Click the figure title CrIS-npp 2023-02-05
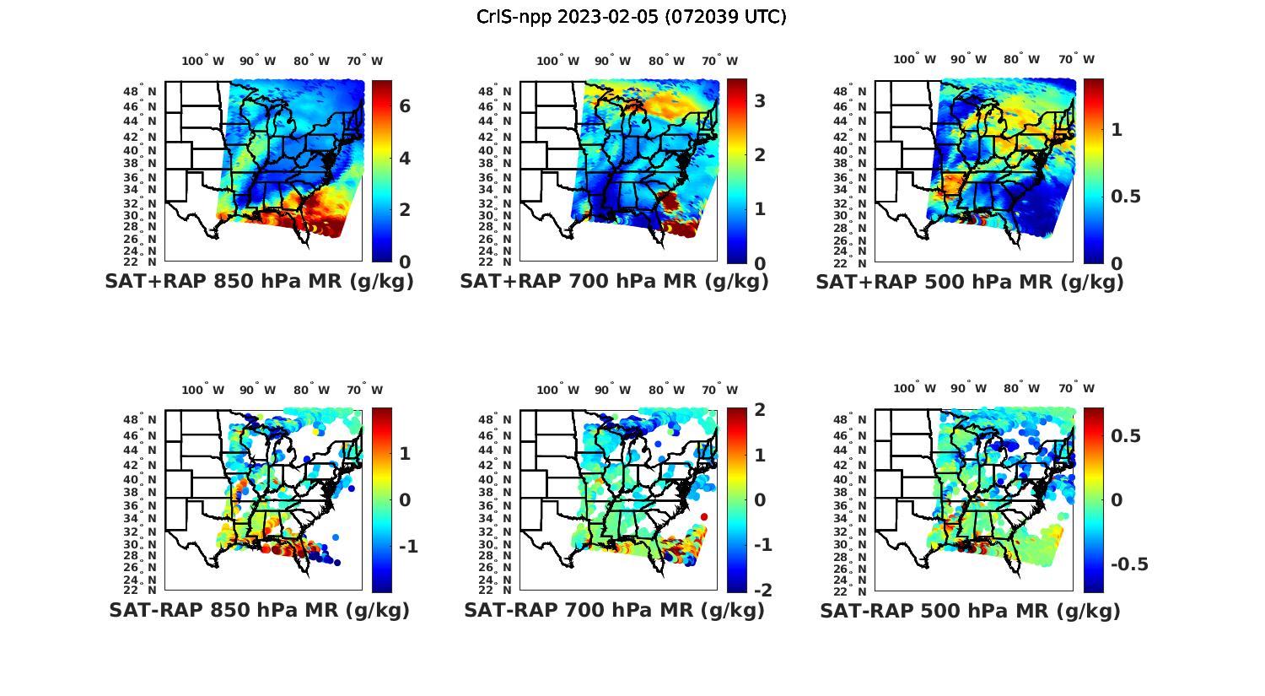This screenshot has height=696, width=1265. click(631, 17)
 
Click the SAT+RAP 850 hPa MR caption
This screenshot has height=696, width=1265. click(259, 282)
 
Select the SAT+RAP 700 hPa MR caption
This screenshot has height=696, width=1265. click(614, 282)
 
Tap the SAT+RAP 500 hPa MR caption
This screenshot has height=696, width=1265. click(970, 282)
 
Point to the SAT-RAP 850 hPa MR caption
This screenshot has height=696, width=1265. click(259, 610)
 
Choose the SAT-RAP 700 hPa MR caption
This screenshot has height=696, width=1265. click(614, 610)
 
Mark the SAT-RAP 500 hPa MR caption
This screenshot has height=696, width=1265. click(970, 610)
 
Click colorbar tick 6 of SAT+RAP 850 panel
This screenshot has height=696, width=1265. click(405, 106)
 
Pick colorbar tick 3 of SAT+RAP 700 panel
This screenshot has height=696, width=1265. click(760, 101)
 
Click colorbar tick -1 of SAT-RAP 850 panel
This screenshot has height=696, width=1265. click(407, 547)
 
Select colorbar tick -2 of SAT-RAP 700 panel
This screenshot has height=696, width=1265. click(762, 591)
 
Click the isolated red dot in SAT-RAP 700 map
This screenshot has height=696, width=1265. click(703, 516)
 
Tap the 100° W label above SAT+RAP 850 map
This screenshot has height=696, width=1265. click(203, 61)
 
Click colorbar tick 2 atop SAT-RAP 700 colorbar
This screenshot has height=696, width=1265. click(762, 411)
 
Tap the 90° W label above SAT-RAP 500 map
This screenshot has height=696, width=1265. click(968, 388)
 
